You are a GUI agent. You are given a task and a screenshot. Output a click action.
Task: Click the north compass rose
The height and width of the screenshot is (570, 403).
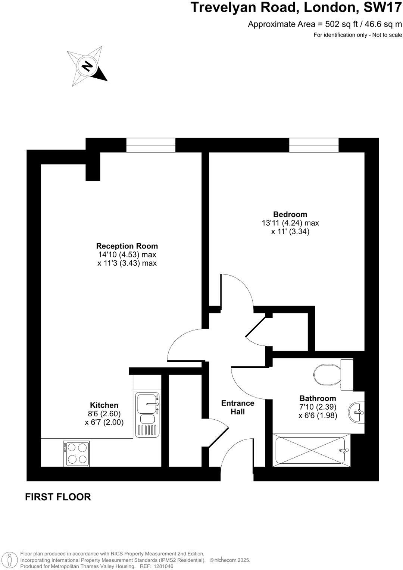click(x=87, y=66)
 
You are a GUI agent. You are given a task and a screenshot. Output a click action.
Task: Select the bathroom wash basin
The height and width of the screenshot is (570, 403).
click(x=357, y=412)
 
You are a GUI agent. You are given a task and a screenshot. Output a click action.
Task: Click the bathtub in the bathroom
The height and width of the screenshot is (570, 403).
click(x=310, y=450)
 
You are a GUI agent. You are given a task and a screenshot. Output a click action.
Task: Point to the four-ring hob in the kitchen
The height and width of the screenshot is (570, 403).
click(x=76, y=453)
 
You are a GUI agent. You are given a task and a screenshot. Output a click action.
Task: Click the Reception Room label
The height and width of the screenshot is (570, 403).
click(x=127, y=246)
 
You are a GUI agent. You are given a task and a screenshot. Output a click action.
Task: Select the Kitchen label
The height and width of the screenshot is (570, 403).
click(x=104, y=405)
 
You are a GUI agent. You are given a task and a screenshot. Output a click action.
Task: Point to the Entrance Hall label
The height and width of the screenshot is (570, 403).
click(x=238, y=407)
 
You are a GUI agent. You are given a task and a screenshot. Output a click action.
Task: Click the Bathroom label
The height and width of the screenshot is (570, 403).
click(x=318, y=398)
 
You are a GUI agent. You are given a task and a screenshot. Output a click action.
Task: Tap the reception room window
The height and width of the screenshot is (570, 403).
click(x=151, y=145)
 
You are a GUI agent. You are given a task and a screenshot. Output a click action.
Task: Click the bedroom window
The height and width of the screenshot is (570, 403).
click(x=314, y=145)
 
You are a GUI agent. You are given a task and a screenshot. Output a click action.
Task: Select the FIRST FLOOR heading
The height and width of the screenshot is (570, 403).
click(x=58, y=497)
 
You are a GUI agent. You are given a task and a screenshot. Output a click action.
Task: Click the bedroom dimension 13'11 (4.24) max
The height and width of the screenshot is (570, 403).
click(x=290, y=223)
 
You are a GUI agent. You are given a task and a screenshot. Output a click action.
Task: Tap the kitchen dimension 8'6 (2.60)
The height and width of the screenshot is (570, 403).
click(x=104, y=414)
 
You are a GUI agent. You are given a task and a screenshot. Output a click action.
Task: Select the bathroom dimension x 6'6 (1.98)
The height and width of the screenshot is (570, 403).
click(x=318, y=416)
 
